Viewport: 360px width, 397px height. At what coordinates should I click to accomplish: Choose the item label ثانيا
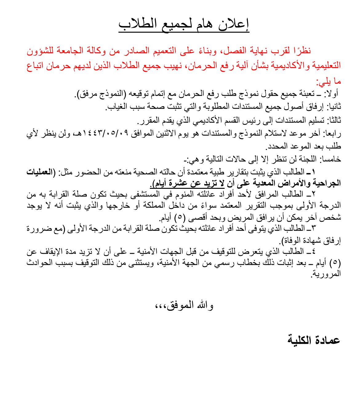tap(334, 107)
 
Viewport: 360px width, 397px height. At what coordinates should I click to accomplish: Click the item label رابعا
tap(334, 133)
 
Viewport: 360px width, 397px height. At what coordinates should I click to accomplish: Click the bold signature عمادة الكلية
tap(314, 340)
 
